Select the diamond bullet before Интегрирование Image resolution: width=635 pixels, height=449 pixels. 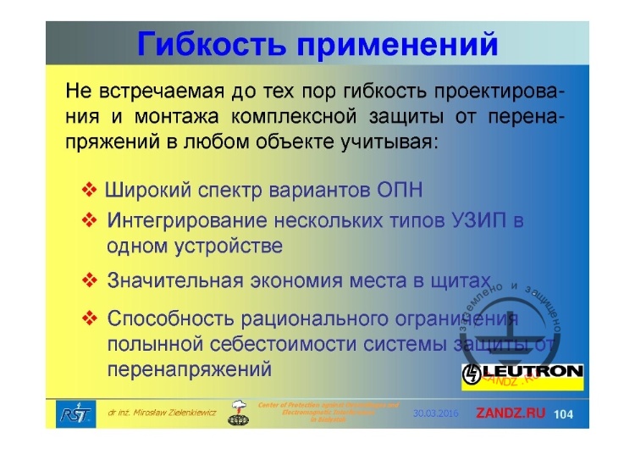coord(90,221)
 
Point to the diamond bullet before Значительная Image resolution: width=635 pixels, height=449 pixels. coord(90,280)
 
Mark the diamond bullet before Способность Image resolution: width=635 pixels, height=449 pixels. coord(90,319)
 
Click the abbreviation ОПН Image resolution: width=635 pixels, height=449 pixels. coord(397,188)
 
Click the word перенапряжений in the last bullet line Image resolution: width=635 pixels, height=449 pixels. coord(190,369)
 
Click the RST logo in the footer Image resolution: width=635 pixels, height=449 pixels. coord(70,413)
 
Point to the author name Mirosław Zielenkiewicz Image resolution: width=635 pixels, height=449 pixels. coord(162,413)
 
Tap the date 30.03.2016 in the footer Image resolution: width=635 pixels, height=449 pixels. coord(435,413)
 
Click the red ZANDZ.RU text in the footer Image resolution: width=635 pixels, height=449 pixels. coord(511,413)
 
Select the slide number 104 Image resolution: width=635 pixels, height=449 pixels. coord(564,413)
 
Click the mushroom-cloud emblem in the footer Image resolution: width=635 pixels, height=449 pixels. coord(240,412)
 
